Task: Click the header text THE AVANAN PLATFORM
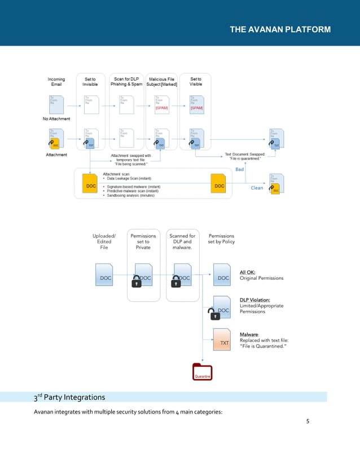click(x=280, y=29)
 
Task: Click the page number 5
click(x=308, y=421)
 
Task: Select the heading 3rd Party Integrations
click(x=69, y=397)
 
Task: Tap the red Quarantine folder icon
click(x=202, y=371)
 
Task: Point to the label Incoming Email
click(x=56, y=82)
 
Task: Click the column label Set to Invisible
click(x=90, y=82)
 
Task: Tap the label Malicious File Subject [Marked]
click(x=161, y=82)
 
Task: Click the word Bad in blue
click(x=240, y=169)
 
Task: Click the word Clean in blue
click(x=257, y=188)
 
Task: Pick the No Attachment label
click(x=56, y=119)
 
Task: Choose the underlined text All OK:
click(x=248, y=272)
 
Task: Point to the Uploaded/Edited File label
click(x=104, y=241)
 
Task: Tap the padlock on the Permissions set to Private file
click(x=136, y=281)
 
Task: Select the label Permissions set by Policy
click(x=221, y=239)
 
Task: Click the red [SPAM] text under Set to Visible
click(x=196, y=107)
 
